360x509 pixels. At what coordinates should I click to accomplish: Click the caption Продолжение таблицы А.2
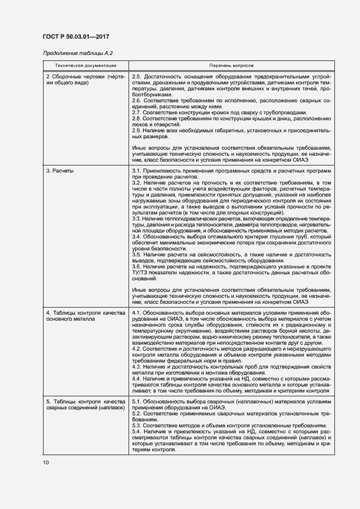(x=77, y=53)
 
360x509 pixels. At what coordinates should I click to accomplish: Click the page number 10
(x=45, y=462)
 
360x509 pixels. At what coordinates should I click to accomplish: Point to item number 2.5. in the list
(x=137, y=77)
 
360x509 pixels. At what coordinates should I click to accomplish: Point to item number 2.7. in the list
(x=137, y=113)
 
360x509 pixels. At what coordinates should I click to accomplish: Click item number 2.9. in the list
(x=137, y=131)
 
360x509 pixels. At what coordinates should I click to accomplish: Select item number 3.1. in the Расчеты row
(x=137, y=171)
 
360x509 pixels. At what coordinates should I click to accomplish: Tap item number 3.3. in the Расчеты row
(x=137, y=218)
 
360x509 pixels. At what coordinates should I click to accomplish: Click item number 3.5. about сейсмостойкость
(x=137, y=254)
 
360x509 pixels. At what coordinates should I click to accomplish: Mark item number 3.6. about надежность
(x=137, y=266)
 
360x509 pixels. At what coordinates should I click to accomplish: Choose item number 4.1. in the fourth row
(x=137, y=313)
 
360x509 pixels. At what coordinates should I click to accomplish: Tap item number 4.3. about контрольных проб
(x=137, y=367)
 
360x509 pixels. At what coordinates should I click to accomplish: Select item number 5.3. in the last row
(x=137, y=425)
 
